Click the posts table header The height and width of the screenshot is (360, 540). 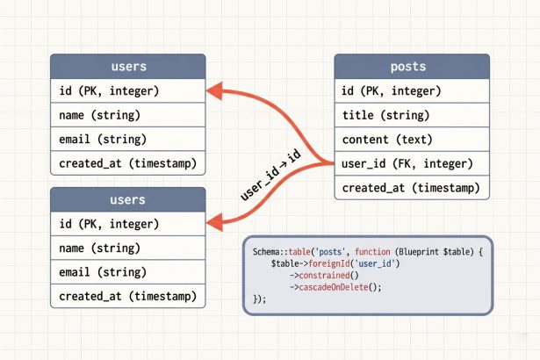coord(407,67)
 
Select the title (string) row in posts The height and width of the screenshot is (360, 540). coord(407,115)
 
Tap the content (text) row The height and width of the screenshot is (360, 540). coord(407,140)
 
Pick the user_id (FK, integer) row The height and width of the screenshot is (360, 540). coord(407,163)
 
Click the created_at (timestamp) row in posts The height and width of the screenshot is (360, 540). coord(407,188)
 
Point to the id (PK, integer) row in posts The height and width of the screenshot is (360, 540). coord(407,90)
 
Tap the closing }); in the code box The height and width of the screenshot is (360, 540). coord(258,299)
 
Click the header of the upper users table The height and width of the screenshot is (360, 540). coord(128,67)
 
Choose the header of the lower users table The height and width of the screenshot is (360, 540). coord(128,200)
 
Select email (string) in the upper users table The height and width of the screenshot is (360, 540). coord(128,139)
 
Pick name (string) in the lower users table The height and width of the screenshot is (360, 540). coord(128,248)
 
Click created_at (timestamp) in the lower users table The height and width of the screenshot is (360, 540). coord(128,296)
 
